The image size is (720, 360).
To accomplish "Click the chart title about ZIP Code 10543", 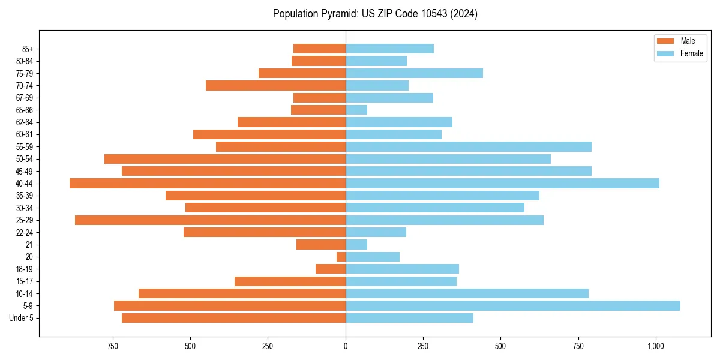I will (x=375, y=13).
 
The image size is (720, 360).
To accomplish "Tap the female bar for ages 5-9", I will (x=513, y=306).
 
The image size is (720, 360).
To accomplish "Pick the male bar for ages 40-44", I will (x=208, y=184).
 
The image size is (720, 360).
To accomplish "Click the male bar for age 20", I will (x=341, y=257).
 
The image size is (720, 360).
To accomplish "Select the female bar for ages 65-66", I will (x=356, y=110).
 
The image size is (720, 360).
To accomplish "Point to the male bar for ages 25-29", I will (x=210, y=220).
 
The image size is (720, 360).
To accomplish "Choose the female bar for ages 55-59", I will (x=469, y=146).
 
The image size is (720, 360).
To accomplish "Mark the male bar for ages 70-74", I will (x=275, y=85).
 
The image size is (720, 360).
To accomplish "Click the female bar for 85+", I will (x=389, y=49).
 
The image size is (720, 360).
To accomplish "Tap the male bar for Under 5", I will (x=233, y=318).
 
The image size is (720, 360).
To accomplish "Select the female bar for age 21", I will (x=356, y=245).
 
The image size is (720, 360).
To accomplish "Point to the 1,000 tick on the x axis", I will (x=655, y=346).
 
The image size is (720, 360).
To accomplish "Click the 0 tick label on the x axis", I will (x=346, y=346).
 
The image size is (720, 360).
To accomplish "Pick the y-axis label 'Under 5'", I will (x=21, y=318).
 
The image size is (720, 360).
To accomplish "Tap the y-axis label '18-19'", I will (x=25, y=269).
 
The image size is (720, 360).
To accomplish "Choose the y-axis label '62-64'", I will (x=25, y=122).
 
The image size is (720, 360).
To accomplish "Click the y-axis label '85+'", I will (x=28, y=49).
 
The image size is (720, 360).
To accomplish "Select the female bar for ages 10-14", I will (x=467, y=293).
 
